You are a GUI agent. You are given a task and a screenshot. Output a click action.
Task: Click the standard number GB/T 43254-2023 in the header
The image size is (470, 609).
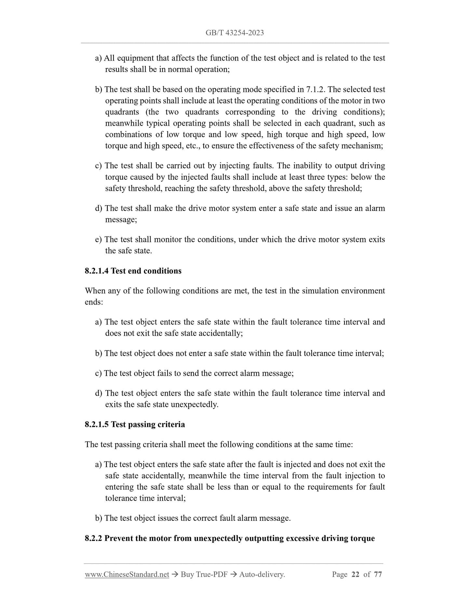235,33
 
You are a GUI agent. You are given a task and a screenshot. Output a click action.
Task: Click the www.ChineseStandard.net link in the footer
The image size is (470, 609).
127,574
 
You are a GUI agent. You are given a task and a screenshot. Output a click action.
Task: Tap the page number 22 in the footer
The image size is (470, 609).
356,574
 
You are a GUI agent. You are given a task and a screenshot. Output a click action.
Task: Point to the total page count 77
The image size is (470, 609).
378,574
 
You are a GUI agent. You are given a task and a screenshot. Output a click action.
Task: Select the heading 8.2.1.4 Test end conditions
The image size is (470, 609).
133,271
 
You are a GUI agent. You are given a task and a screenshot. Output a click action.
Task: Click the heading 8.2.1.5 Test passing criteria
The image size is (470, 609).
135,424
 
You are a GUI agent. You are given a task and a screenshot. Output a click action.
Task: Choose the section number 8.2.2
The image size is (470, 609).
93,538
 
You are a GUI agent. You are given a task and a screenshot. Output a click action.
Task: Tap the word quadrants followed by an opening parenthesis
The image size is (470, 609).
122,112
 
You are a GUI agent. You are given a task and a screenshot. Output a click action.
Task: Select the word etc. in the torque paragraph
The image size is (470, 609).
193,146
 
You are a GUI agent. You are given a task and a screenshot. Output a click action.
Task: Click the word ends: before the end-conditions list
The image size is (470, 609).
94,302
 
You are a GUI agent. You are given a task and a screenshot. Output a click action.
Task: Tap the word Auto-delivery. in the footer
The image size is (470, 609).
262,574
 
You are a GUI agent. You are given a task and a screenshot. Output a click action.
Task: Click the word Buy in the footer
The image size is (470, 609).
188,574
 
